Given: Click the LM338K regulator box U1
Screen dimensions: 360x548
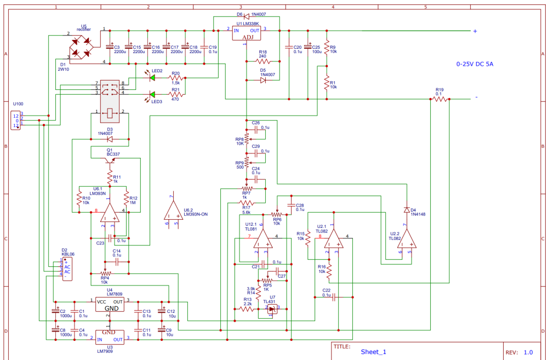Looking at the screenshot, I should (x=247, y=33).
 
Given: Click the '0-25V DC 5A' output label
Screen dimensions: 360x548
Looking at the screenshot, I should (x=475, y=64).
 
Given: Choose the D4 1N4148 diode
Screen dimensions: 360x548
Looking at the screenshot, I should (x=407, y=210).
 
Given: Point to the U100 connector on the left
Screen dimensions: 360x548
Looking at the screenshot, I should (x=16, y=120).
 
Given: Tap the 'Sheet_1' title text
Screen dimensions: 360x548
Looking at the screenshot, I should (x=373, y=352).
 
